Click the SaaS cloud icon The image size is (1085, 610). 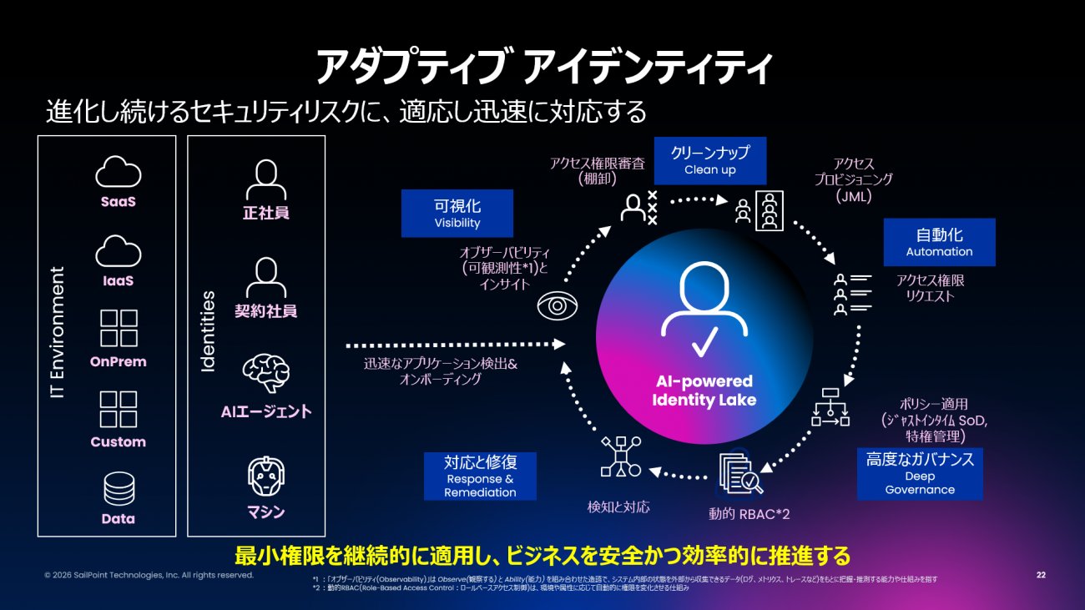tap(118, 173)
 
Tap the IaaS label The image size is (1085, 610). tap(118, 281)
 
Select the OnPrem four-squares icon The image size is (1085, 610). tap(119, 328)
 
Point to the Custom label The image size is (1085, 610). tap(118, 442)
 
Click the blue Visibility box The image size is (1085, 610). tap(457, 213)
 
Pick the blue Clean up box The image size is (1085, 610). tap(709, 160)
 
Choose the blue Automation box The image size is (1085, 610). tap(939, 242)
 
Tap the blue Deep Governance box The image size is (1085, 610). tap(920, 473)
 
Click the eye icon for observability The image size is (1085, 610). tap(556, 306)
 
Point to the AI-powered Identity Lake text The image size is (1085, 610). tap(704, 391)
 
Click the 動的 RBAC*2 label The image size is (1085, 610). tap(749, 514)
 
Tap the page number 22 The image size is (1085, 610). tap(1041, 575)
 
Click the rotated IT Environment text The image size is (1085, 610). tap(58, 332)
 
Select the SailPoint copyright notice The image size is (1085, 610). tap(149, 575)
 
